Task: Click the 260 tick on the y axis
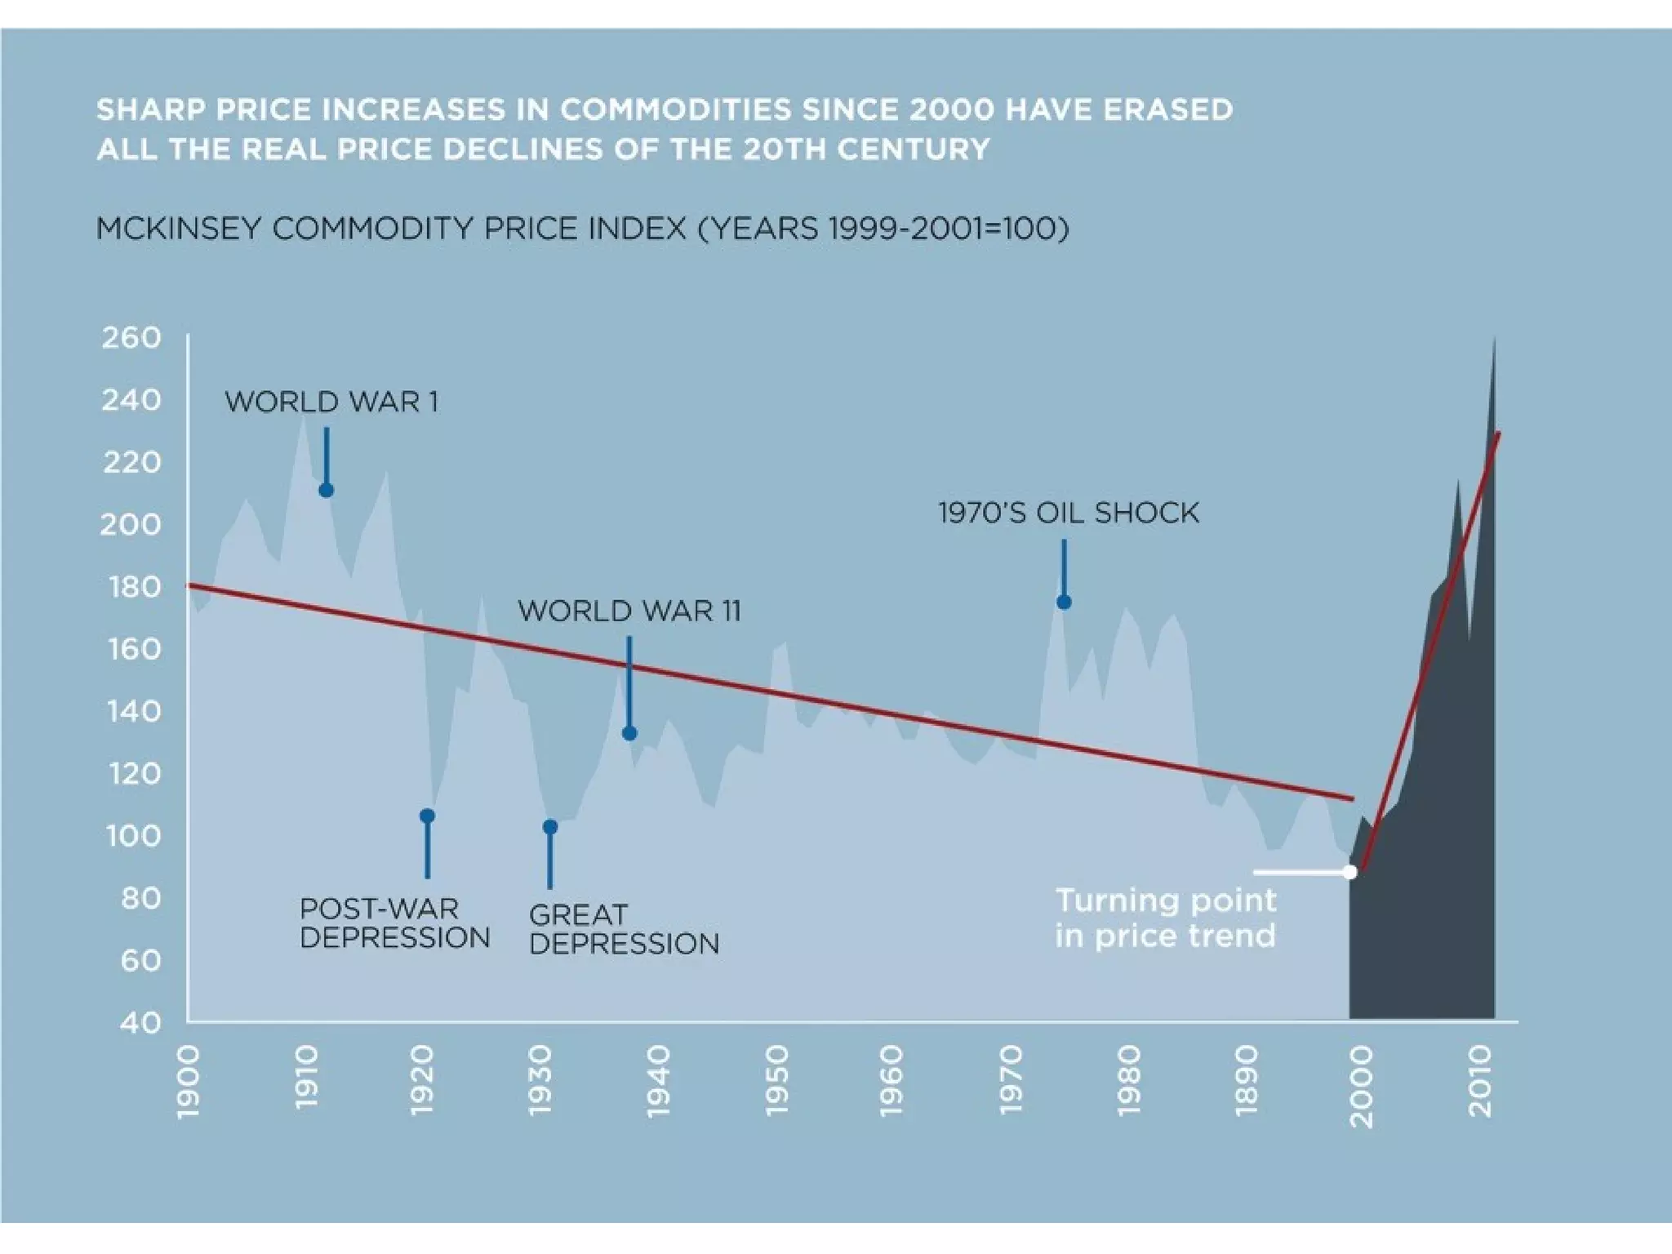(x=131, y=337)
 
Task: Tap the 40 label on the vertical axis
(x=140, y=1022)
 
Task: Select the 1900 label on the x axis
(x=188, y=1082)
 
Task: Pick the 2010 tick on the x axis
(x=1480, y=1082)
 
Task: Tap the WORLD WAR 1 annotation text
(x=331, y=402)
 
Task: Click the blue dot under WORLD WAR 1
(x=326, y=490)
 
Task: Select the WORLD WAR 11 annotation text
(x=629, y=611)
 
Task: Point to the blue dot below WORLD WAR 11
(x=629, y=733)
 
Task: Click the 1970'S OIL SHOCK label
(x=1068, y=513)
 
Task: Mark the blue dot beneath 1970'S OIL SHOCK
(x=1064, y=603)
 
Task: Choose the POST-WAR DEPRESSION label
(x=394, y=923)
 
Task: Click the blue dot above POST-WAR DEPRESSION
(x=427, y=816)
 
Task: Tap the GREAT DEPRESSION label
(x=624, y=929)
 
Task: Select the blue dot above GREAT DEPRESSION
(x=550, y=827)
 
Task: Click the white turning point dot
(x=1350, y=872)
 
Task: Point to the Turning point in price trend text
(x=1165, y=918)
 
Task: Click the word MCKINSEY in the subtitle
(x=180, y=229)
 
